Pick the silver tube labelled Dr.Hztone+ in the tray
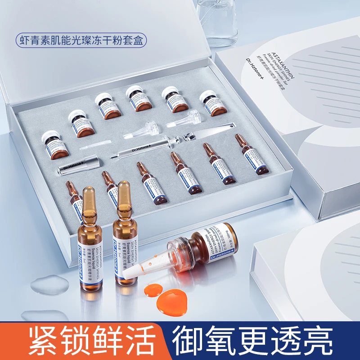(x=77, y=166)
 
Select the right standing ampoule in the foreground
(x=125, y=239)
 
